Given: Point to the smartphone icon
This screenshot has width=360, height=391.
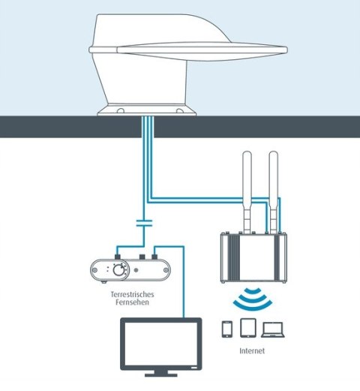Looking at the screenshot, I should pos(226,329).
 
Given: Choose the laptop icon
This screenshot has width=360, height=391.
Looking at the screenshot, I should pos(275,329).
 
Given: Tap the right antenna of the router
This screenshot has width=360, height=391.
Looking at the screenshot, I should pos(274,191).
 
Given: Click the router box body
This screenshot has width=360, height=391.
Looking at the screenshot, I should pos(252,256).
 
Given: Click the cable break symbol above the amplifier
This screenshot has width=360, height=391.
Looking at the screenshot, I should pos(144,223).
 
